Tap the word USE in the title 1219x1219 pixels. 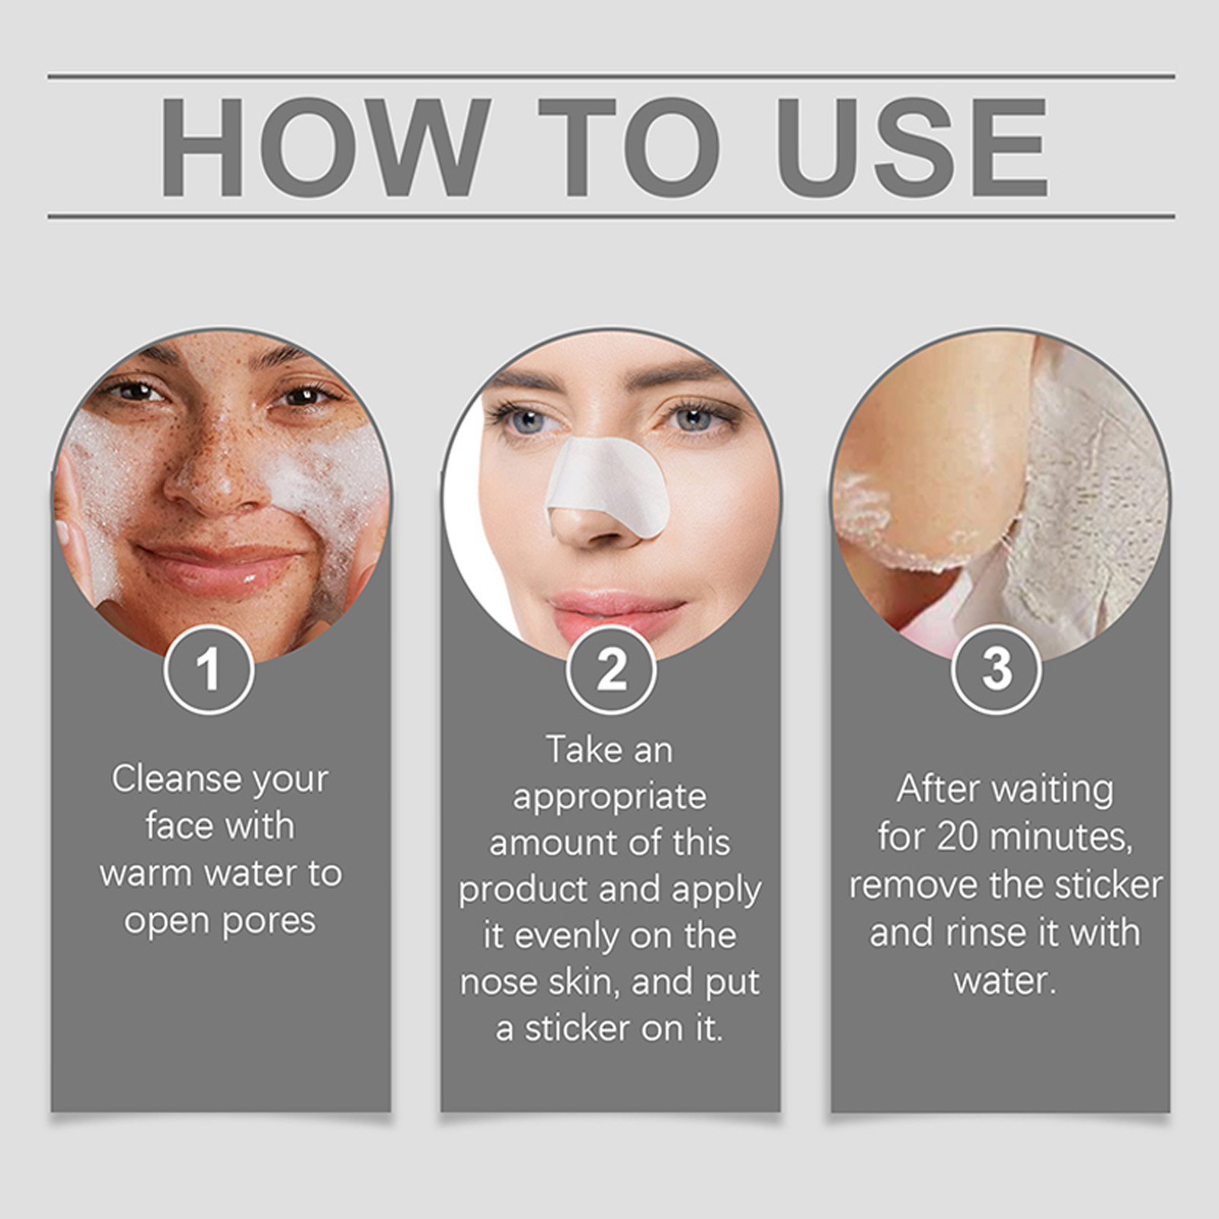(x=913, y=147)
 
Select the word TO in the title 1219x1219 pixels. (x=629, y=147)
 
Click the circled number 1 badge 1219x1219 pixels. (x=208, y=669)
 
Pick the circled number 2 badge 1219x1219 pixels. (x=610, y=669)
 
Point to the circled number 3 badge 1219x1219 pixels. (x=996, y=669)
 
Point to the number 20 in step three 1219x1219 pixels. (x=958, y=837)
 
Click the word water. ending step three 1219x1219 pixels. (x=1005, y=981)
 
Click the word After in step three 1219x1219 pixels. (x=938, y=789)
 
